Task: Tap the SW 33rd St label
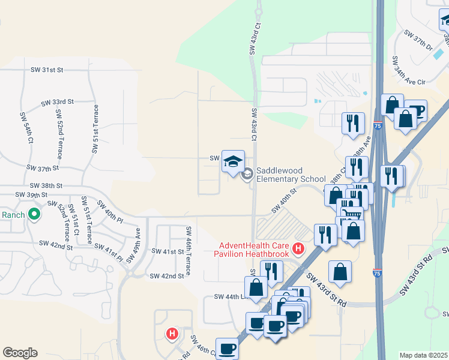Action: [58, 103]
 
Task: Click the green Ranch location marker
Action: [35, 214]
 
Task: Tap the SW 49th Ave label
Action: [138, 239]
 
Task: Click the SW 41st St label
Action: [167, 251]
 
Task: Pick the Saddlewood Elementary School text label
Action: [291, 175]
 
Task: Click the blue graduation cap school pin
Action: [233, 161]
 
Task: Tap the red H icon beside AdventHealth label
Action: [297, 247]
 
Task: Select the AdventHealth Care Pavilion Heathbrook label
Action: [254, 250]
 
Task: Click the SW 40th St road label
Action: [285, 200]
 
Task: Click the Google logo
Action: [20, 353]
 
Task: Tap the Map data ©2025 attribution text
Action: [424, 355]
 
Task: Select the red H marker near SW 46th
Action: [172, 333]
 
